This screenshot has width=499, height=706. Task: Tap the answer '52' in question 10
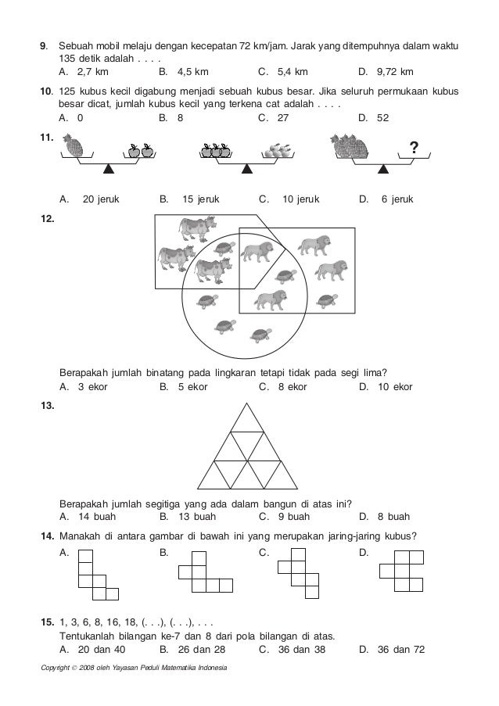[381, 117]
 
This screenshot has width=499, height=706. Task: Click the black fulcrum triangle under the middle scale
[248, 168]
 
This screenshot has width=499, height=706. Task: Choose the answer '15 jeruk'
[200, 199]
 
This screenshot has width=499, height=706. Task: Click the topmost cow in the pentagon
[195, 229]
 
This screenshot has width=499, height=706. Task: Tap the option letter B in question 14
[162, 553]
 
